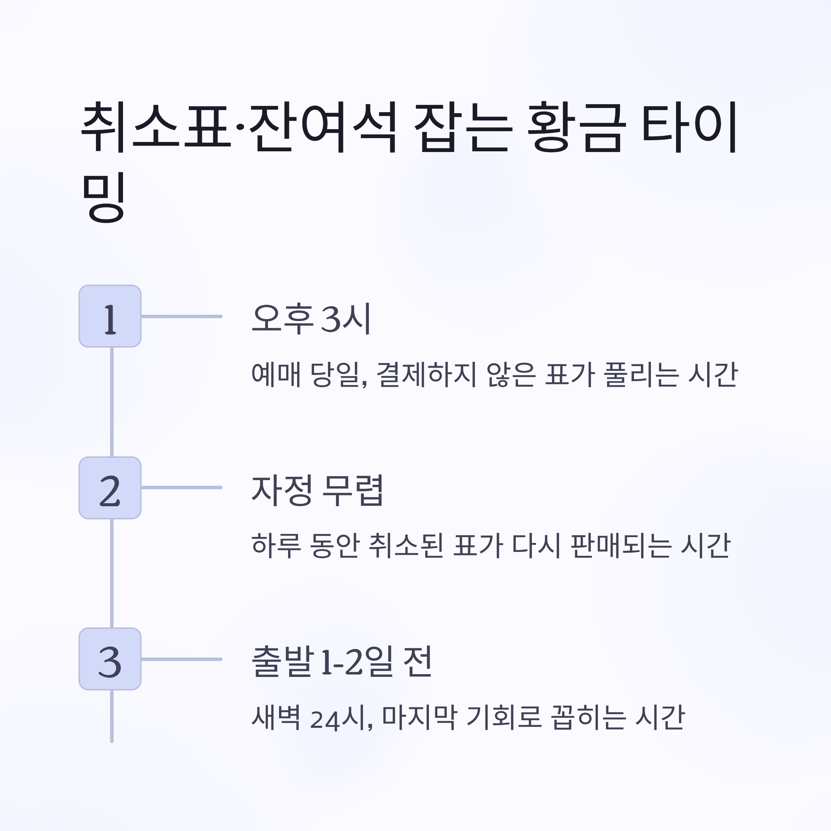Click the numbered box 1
(110, 316)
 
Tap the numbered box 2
(110, 488)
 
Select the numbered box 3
(110, 659)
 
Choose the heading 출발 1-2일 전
(341, 662)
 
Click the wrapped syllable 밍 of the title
(104, 198)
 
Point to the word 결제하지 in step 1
(426, 375)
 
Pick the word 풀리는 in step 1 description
(641, 375)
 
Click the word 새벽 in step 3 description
(276, 717)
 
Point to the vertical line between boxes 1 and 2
(112, 402)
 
